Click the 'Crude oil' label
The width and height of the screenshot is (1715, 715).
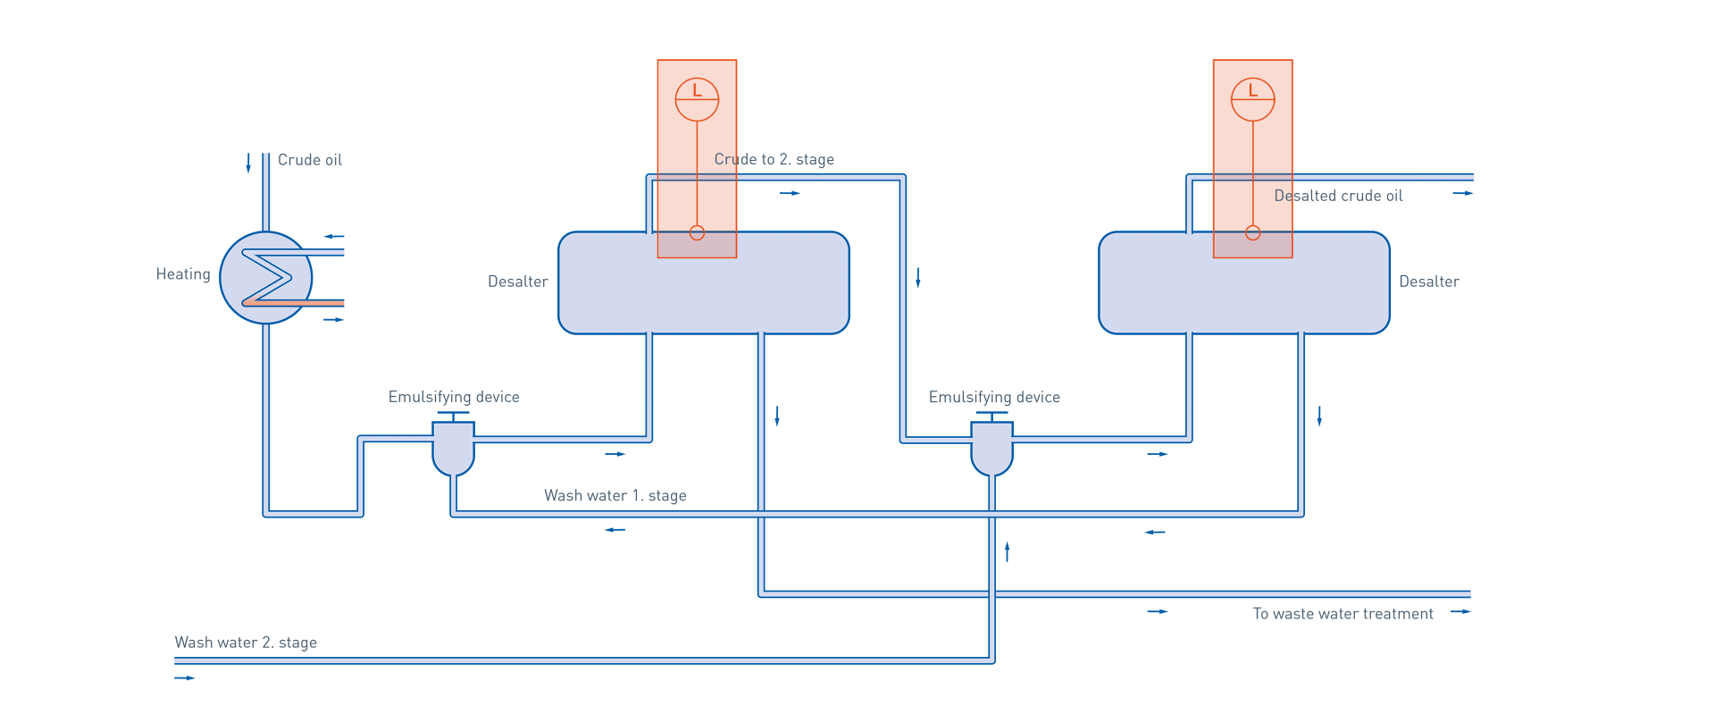[x=309, y=160]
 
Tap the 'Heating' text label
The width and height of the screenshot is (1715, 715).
[x=183, y=274]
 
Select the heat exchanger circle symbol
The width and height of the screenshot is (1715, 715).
[x=265, y=278]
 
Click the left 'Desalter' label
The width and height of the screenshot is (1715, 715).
[x=518, y=282]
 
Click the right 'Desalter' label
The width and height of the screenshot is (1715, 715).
[x=1428, y=282]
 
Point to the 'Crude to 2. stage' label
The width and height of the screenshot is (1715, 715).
[x=774, y=160]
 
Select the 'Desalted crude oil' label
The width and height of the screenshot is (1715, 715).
[x=1338, y=196]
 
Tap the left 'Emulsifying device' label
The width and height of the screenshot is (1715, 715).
[x=454, y=396]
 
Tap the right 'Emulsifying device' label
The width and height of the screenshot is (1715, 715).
[x=994, y=397]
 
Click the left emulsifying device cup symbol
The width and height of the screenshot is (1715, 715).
[x=453, y=450]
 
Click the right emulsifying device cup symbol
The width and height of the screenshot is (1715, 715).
[x=991, y=450]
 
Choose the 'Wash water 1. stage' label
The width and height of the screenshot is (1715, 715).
[x=615, y=495]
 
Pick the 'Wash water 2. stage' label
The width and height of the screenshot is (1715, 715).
[x=246, y=643]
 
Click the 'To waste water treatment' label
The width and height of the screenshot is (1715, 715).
[x=1343, y=614]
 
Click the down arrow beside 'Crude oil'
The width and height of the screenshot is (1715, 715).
[x=248, y=164]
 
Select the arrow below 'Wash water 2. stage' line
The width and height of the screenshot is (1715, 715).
[x=185, y=678]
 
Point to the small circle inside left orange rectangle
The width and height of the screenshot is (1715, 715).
[x=698, y=233]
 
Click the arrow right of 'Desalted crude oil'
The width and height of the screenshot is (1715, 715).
[x=1462, y=193]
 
